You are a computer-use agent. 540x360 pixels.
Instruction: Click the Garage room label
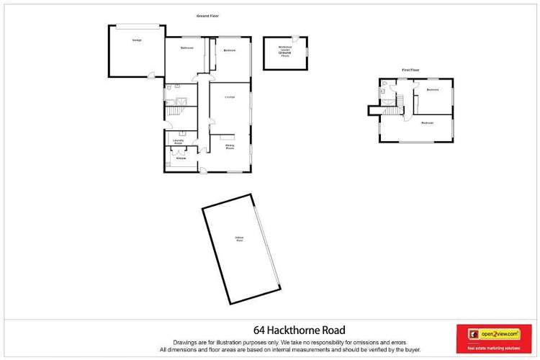click(136, 40)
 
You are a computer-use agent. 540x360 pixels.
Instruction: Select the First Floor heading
click(410, 70)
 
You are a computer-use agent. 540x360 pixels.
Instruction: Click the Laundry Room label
click(177, 141)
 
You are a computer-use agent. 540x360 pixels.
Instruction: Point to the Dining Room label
click(230, 147)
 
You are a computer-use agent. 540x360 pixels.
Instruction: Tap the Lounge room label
click(230, 97)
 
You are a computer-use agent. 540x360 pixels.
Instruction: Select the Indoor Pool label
click(239, 239)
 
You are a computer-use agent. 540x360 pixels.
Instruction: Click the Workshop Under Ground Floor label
click(284, 51)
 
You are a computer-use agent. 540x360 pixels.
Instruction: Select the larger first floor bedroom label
click(427, 123)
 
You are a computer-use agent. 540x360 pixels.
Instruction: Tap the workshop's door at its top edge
click(296, 37)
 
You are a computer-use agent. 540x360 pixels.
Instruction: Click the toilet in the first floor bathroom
click(384, 91)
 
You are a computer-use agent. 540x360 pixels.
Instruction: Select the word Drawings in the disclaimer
click(184, 342)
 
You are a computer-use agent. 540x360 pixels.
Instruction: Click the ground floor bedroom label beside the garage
click(187, 48)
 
